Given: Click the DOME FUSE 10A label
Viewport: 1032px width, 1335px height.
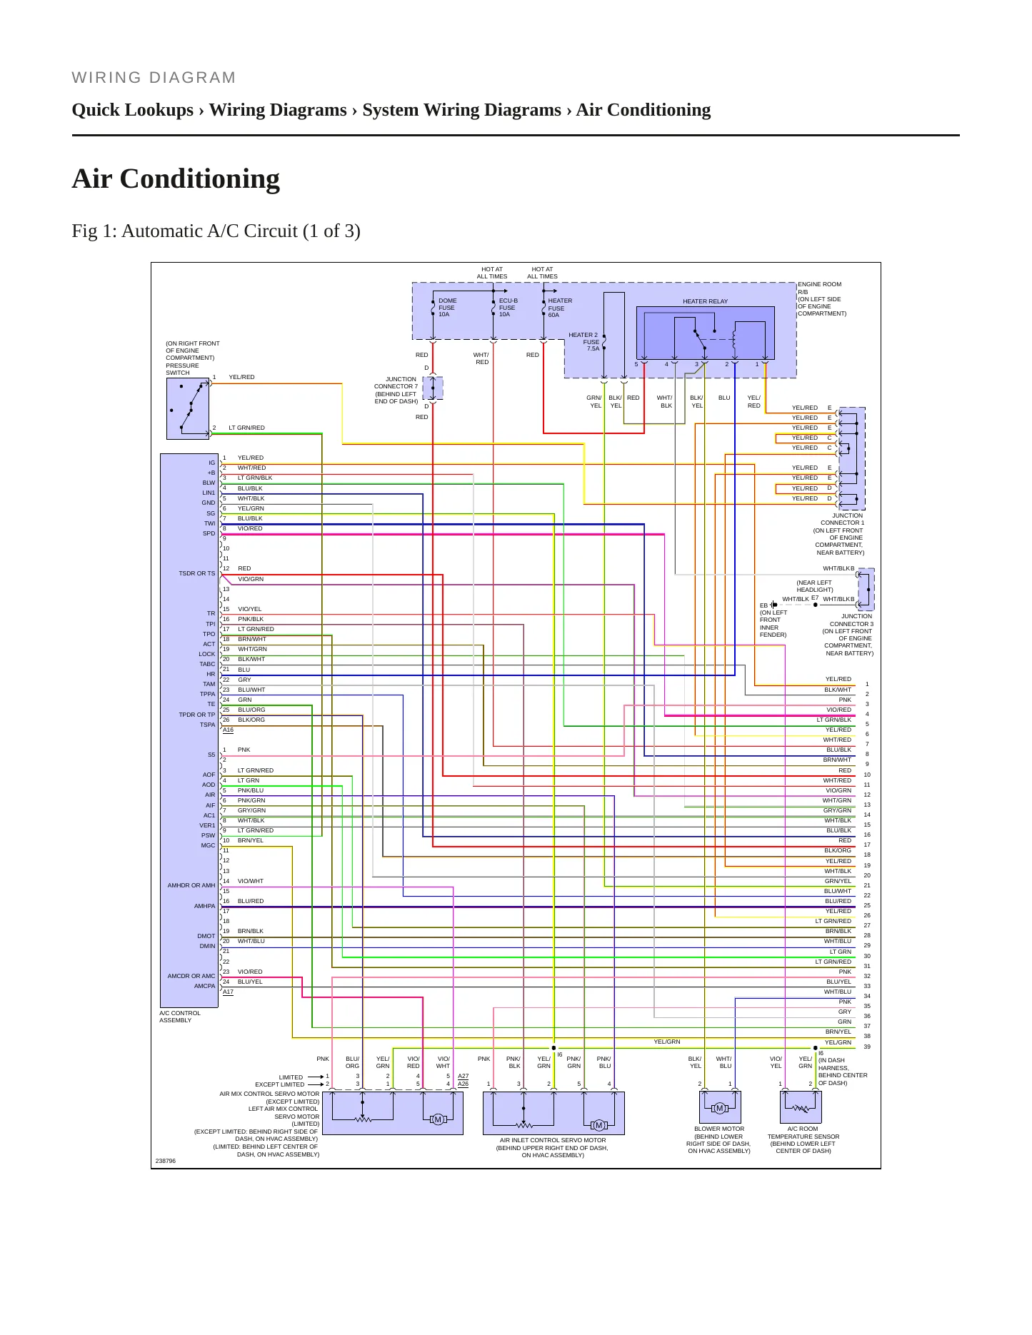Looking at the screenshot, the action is click(x=447, y=308).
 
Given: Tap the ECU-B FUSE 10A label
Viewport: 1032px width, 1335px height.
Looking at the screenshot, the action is click(x=508, y=308).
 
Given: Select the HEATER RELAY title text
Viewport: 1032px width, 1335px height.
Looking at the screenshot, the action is click(x=705, y=301).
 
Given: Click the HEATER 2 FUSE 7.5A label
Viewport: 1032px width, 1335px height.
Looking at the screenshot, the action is click(x=583, y=342).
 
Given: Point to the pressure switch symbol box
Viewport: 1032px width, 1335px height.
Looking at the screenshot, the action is click(x=188, y=408).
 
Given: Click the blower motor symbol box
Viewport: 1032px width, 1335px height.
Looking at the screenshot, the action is click(x=720, y=1107).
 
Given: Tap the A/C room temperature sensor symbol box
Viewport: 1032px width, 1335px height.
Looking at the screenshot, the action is click(x=801, y=1107).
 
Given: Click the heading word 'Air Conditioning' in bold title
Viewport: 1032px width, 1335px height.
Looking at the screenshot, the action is click(x=176, y=178).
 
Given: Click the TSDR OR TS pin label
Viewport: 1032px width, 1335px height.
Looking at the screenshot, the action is click(x=196, y=573).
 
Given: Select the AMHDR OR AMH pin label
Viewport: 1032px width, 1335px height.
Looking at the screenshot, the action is click(x=191, y=885).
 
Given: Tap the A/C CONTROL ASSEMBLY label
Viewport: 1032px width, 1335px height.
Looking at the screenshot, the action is click(x=180, y=1017).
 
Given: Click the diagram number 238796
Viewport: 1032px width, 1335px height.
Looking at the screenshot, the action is click(x=166, y=1161).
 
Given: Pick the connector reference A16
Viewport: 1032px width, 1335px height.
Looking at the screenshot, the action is click(x=228, y=730).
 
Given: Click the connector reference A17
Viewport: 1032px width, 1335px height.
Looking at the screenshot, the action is click(x=228, y=992).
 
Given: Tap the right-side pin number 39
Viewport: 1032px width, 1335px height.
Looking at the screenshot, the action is click(x=867, y=1047).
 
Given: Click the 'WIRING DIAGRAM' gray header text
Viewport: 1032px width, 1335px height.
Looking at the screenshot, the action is click(x=154, y=78).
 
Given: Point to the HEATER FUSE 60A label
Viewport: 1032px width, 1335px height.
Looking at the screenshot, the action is click(x=559, y=308).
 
